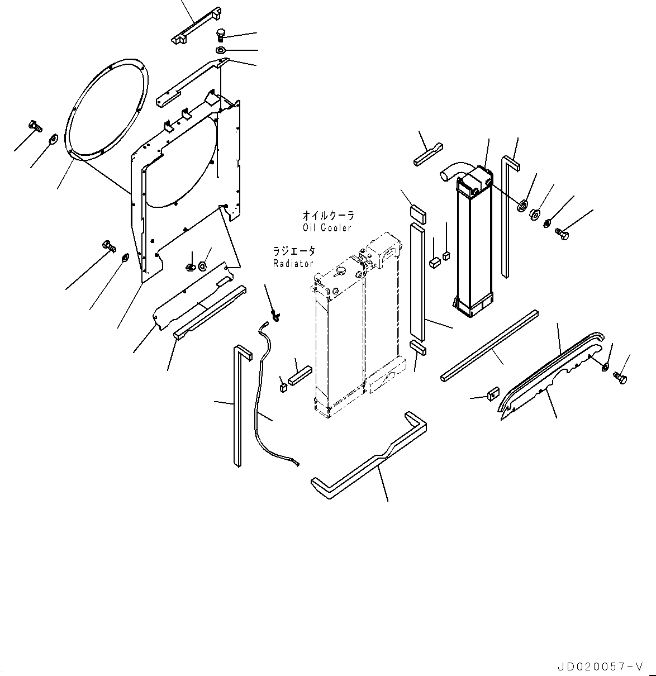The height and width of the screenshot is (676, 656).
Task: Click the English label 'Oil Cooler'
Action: point(327,227)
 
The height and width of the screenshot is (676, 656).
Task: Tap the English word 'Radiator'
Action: point(293,263)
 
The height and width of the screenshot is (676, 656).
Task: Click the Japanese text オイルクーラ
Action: point(328,216)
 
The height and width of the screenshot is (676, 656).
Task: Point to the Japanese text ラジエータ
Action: point(294,251)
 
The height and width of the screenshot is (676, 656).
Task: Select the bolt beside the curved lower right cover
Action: point(620,378)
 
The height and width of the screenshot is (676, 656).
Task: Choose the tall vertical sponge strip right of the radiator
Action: point(418,282)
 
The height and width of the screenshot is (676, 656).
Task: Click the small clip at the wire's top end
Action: point(275,316)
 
